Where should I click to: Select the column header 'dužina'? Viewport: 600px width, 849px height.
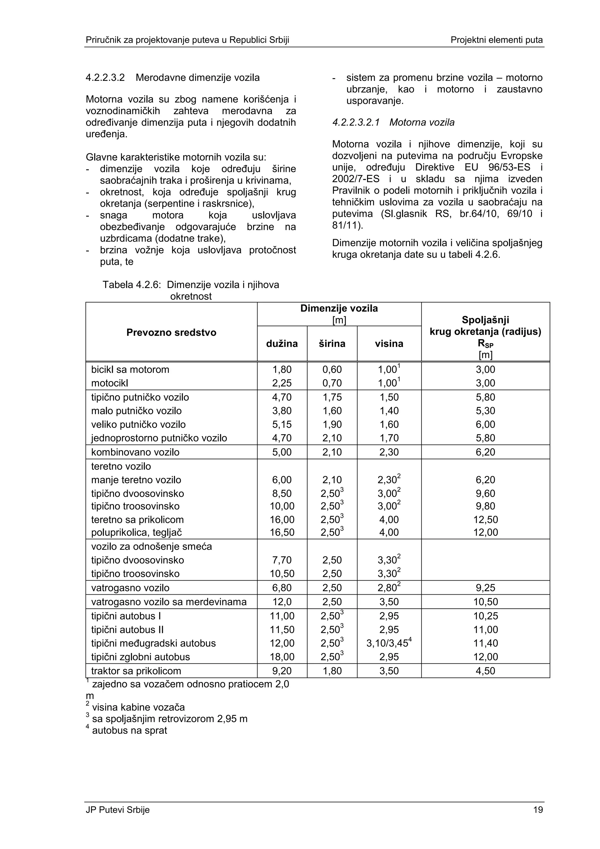[282, 343]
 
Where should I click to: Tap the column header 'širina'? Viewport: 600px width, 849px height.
[332, 343]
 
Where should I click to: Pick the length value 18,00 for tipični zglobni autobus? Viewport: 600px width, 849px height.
[282, 657]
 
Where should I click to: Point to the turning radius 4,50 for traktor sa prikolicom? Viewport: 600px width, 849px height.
[485, 671]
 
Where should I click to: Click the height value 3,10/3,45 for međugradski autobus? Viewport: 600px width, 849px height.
[388, 643]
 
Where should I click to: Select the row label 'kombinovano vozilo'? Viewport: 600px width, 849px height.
[135, 452]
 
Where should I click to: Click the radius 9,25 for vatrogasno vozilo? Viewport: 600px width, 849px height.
[485, 588]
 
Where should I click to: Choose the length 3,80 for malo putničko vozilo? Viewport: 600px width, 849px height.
[282, 411]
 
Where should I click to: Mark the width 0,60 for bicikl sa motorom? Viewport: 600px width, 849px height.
[332, 369]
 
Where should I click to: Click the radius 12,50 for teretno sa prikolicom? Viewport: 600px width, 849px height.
[485, 520]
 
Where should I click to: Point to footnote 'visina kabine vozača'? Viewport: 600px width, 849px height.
[138, 707]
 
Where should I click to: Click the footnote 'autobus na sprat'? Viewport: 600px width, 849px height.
[129, 730]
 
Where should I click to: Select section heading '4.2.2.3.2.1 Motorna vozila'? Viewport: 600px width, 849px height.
[393, 122]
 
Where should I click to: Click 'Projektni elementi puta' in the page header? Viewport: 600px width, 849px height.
[497, 40]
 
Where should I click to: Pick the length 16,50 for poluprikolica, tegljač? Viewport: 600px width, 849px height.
[282, 532]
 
